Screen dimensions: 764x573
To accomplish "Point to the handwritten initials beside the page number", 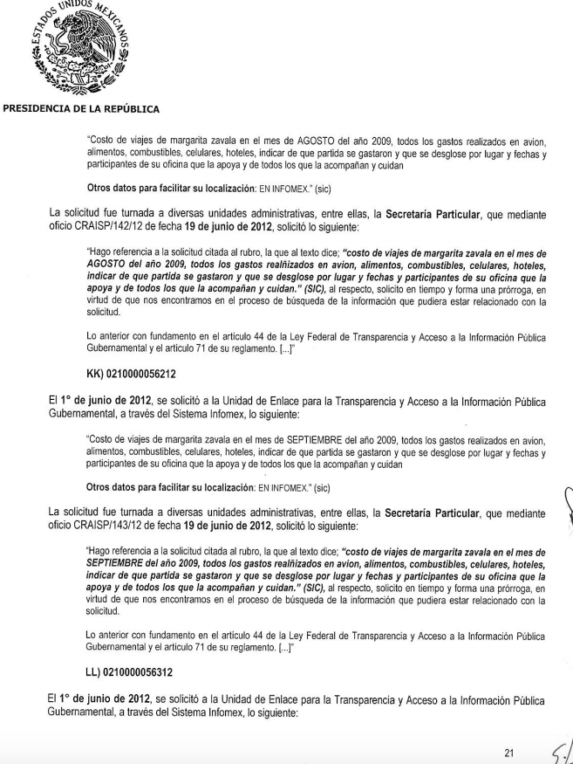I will pyautogui.click(x=559, y=744).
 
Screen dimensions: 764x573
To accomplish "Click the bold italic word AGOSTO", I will pyautogui.click(x=110, y=262).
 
